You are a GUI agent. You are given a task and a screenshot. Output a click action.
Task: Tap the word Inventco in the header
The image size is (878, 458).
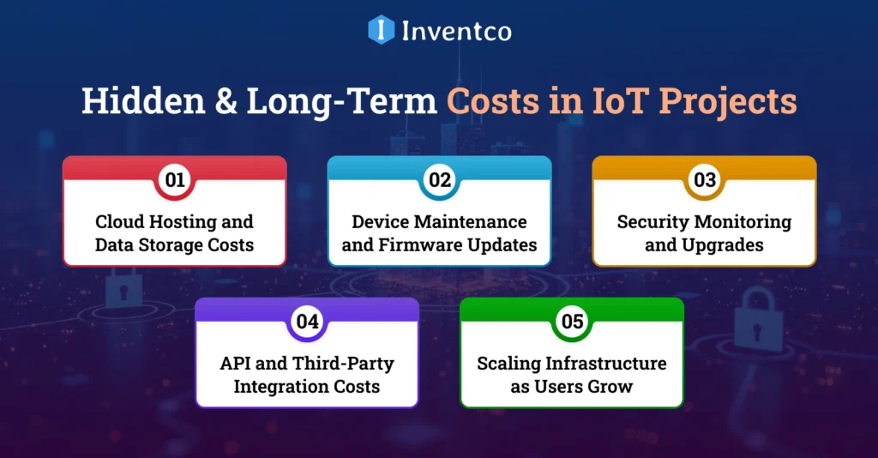tap(456, 31)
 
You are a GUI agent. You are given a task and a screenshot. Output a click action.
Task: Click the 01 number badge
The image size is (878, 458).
tap(175, 180)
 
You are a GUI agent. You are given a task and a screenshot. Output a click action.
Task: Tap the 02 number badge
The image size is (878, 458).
tap(440, 180)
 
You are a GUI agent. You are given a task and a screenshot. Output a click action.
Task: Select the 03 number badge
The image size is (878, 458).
tap(705, 180)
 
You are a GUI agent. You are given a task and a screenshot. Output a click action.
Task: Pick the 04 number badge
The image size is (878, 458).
tap(307, 322)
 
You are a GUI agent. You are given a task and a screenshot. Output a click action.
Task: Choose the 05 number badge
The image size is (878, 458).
tap(572, 322)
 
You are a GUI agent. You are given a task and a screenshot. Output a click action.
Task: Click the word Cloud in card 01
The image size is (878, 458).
tap(120, 221)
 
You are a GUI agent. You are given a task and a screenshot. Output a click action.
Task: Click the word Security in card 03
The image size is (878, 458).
tap(652, 221)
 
